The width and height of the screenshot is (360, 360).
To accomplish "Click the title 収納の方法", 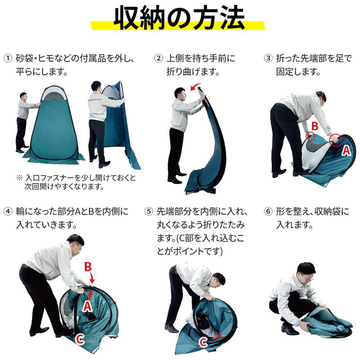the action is (179, 18).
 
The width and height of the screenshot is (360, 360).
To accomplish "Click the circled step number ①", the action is (8, 58).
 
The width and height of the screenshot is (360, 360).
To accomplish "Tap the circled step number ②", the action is (158, 58).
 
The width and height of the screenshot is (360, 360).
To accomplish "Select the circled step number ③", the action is (268, 58).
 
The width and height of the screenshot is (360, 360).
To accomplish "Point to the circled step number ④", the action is (8, 211).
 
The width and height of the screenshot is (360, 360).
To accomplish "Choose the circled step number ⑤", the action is (149, 211).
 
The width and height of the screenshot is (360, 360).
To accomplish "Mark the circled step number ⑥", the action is (268, 211).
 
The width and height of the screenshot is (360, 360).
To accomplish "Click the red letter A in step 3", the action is (346, 151).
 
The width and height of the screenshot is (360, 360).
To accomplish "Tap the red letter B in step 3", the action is (315, 126).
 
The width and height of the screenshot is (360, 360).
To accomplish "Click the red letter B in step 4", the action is (88, 267).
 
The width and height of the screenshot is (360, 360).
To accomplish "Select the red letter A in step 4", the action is (87, 306).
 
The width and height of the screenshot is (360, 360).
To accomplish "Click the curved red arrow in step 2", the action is (195, 86).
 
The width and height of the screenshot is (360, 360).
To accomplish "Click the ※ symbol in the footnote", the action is (19, 178).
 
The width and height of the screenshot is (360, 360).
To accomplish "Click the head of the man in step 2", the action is (180, 93).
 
